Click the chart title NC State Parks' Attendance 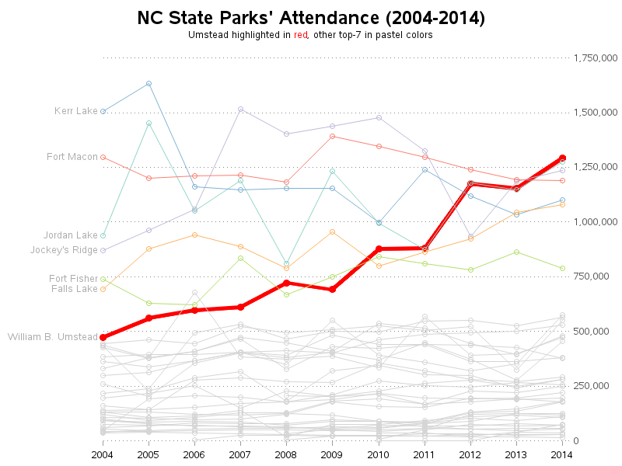310,18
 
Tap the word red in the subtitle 301,36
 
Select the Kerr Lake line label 76,111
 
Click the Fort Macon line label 72,157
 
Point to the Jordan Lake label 71,235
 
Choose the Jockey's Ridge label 64,250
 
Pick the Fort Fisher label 73,279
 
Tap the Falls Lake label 75,289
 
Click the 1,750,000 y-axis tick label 596,58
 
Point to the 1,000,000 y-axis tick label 596,222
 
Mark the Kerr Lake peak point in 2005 149,83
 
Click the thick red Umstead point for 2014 562,158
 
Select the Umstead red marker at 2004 103,337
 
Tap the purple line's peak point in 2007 240,109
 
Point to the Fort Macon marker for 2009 332,136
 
